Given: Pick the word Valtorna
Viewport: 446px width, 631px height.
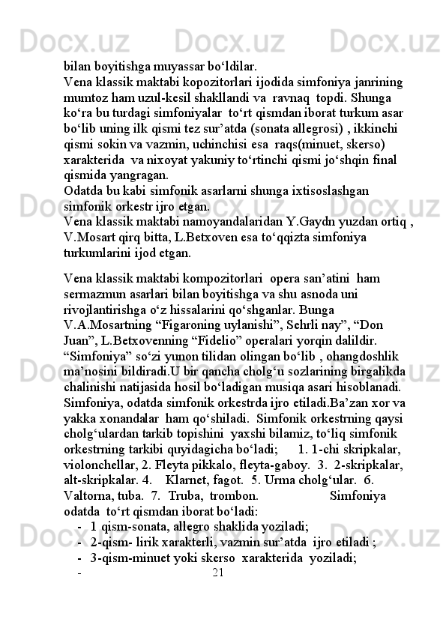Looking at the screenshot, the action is (88, 496).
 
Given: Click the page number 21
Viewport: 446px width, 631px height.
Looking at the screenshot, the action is (218, 574).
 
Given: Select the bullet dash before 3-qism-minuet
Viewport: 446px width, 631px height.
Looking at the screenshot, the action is (79, 558).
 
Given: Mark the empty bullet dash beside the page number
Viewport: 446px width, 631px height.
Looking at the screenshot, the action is (79, 574).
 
